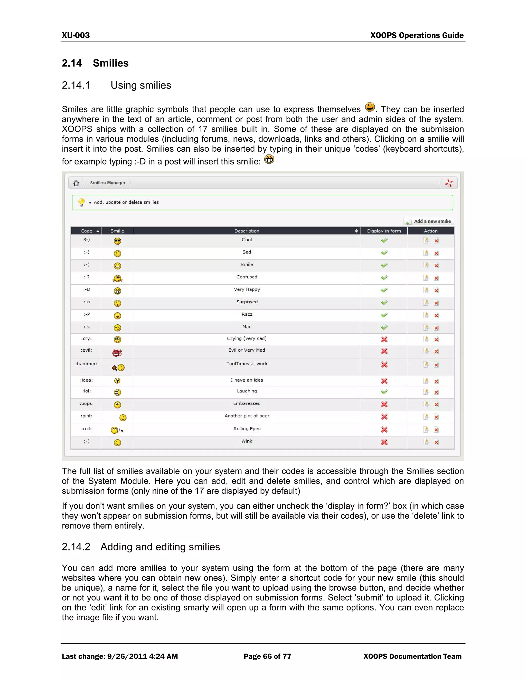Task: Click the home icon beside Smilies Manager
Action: [76, 183]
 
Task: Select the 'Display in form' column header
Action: [384, 231]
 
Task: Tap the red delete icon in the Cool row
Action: [436, 241]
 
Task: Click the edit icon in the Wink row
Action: [426, 442]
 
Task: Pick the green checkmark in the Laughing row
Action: [384, 392]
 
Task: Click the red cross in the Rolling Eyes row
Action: [384, 430]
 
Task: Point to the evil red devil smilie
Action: [117, 353]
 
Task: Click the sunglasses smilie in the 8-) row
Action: [117, 241]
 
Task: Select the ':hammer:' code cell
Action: [86, 364]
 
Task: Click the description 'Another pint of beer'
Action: [247, 416]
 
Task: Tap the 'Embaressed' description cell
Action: [247, 403]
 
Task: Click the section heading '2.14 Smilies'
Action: [95, 63]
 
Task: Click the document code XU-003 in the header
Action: [76, 35]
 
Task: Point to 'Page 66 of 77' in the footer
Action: [267, 656]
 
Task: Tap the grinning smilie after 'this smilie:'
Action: [269, 159]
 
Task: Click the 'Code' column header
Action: [87, 231]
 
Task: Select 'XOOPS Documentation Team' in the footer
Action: [412, 656]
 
